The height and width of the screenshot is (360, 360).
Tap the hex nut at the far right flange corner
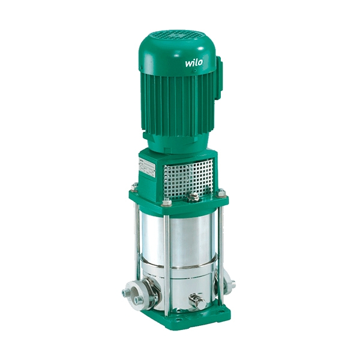click(222, 192)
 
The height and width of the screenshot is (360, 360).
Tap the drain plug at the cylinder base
click(195, 300)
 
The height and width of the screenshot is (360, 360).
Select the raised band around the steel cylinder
click(180, 264)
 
